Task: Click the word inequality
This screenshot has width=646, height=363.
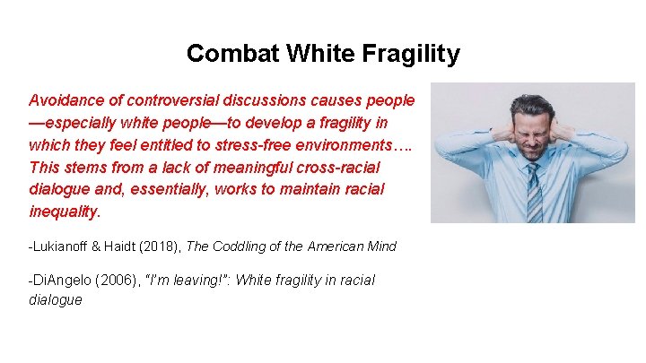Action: click(x=64, y=212)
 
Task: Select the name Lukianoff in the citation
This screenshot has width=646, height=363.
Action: click(x=64, y=246)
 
